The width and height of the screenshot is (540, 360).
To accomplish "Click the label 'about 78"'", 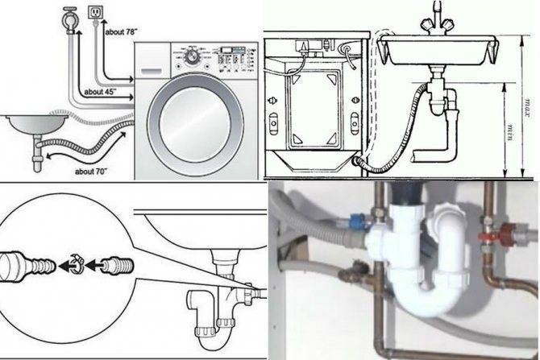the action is [121, 32].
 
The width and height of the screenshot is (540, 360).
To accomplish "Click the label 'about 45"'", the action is [100, 92].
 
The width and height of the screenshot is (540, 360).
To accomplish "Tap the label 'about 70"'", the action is [91, 171].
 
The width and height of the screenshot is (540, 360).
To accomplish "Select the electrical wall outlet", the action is [96, 12].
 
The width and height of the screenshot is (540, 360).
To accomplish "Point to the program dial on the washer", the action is [192, 57].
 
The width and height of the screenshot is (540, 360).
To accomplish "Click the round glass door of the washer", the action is [195, 124].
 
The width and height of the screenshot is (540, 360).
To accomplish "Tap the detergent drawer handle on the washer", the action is [151, 71].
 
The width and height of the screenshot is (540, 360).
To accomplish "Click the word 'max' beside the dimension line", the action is [528, 108].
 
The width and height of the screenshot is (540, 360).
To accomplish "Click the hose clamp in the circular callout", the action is [76, 264].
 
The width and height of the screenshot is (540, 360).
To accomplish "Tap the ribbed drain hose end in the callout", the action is [116, 266].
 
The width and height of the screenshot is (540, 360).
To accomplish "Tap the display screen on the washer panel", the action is [226, 50].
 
